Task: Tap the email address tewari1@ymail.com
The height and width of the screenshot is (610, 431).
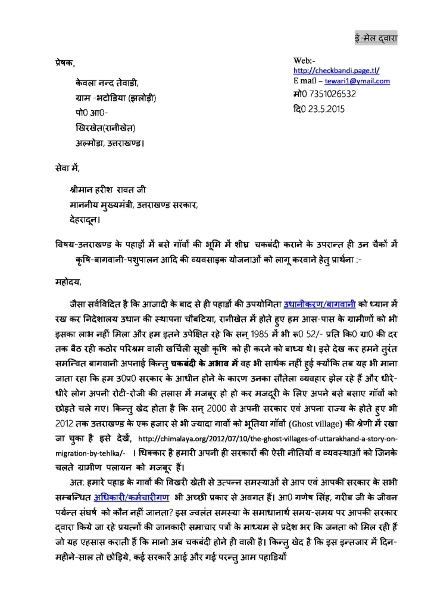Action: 357,81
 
